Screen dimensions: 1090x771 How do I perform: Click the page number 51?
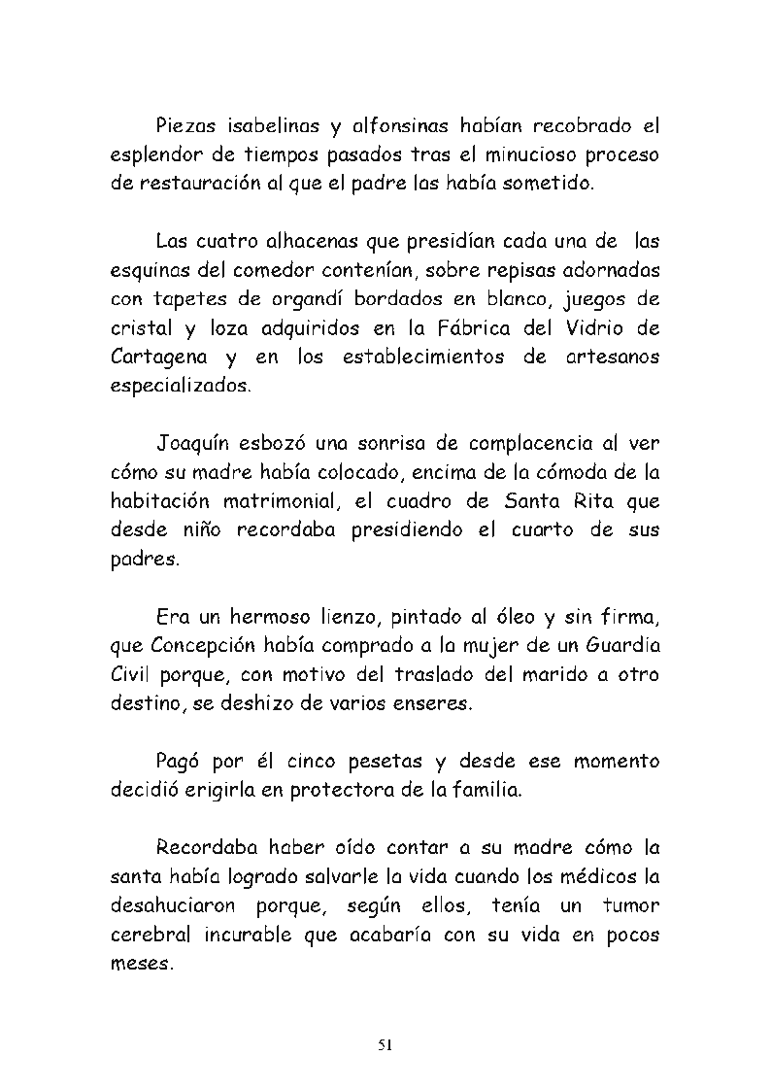[385, 1045]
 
